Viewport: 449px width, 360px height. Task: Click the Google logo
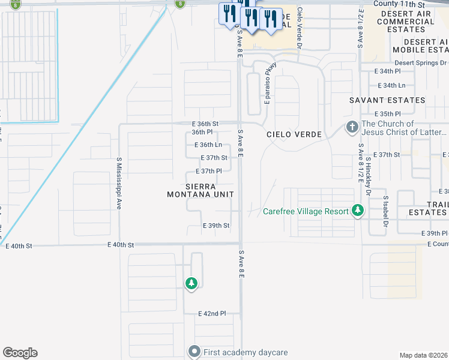[20, 353]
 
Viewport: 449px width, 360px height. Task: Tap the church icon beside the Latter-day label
[352, 128]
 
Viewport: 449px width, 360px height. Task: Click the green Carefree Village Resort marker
[358, 211]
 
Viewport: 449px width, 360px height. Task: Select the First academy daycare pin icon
[194, 352]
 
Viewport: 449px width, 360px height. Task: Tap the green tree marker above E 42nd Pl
[191, 283]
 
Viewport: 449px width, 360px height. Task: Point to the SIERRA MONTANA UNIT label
[200, 190]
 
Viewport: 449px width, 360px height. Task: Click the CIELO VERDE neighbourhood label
[294, 134]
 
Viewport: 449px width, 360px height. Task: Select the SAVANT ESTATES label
[388, 100]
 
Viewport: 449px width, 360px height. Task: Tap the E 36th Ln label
[208, 145]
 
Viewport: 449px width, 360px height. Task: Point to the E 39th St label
[216, 226]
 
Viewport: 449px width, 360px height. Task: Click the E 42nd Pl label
[212, 313]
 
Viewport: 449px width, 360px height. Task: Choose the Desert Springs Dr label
[421, 62]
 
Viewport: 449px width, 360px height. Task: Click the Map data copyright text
[424, 355]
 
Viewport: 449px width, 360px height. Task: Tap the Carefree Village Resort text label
[306, 211]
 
